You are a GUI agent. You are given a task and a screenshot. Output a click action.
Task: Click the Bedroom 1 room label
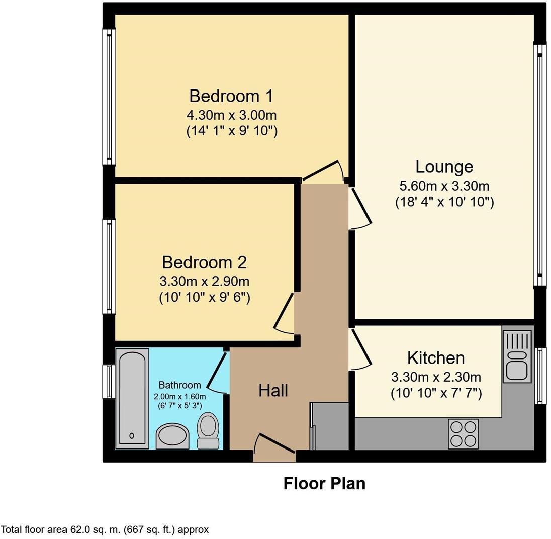231,96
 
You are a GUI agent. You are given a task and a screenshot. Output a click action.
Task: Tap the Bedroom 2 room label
204,262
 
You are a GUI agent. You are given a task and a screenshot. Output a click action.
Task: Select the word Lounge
444,167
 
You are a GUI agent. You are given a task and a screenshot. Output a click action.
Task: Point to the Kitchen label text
435,358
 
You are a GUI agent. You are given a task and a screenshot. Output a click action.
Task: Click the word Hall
273,390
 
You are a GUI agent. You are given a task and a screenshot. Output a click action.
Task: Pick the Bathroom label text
179,385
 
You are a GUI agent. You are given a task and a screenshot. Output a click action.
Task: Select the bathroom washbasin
172,435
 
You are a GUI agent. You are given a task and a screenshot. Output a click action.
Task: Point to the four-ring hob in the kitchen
463,433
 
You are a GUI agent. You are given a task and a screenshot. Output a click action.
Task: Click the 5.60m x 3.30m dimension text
444,186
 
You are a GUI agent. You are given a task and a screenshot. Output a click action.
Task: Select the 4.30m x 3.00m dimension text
231,115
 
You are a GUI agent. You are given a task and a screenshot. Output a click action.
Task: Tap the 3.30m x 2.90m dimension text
204,281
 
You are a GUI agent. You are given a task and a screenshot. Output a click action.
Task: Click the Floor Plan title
324,484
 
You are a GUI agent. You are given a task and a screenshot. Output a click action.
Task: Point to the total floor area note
105,529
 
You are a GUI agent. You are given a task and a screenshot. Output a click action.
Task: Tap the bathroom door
217,373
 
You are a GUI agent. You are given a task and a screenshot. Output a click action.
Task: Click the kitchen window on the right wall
540,375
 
